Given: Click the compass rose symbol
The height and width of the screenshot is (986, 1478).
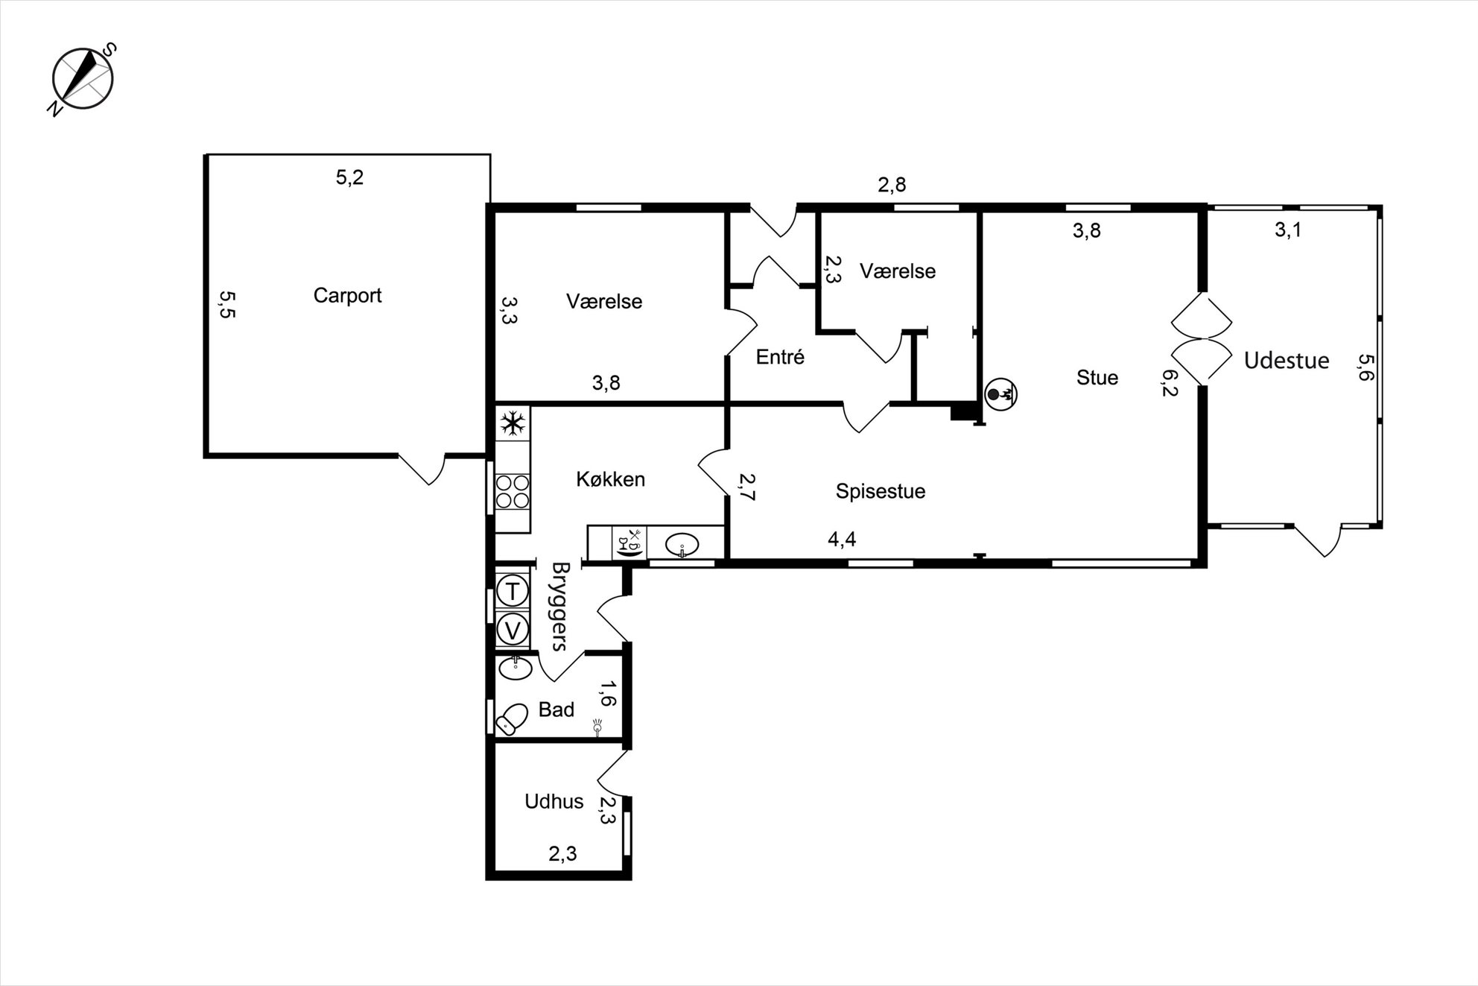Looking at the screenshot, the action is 83,79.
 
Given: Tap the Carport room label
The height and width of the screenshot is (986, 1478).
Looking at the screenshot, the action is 347,296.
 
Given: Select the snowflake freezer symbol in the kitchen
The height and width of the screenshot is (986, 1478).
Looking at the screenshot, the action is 513,424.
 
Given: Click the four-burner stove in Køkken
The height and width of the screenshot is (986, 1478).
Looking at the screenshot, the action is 513,492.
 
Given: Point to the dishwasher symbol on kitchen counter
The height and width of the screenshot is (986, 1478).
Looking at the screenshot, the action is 630,543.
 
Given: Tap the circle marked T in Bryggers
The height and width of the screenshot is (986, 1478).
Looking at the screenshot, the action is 513,592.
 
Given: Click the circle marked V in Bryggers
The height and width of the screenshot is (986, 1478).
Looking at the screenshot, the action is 513,631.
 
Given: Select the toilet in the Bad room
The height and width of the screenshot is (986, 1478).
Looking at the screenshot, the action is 511,718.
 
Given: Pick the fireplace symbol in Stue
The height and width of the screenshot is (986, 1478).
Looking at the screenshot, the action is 1000,394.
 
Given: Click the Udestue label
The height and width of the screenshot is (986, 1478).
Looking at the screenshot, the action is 1287,361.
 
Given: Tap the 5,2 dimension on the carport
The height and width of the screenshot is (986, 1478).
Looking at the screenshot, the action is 349,177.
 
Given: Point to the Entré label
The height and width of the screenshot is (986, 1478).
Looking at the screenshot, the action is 780,357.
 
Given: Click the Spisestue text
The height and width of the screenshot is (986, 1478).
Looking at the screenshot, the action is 881,491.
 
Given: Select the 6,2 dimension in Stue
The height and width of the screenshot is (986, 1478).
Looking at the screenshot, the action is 1170,383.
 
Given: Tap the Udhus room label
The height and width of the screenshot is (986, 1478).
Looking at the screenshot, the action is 554,801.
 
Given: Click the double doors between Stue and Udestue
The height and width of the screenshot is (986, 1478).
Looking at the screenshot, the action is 1201,339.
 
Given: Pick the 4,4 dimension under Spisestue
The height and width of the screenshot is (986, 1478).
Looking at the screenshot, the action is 842,539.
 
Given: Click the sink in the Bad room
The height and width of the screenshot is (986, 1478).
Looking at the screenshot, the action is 515,667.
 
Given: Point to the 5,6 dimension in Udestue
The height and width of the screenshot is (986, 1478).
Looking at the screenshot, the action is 1365,367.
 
